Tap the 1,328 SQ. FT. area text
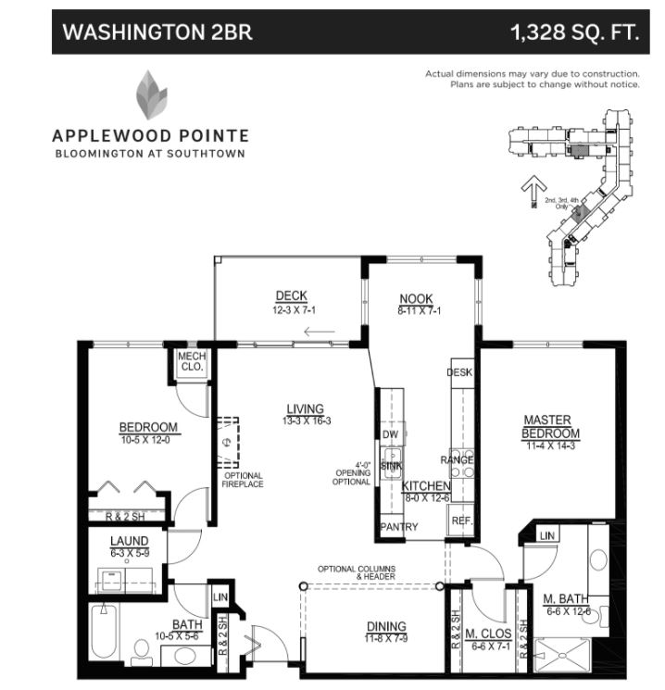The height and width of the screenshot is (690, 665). (574, 33)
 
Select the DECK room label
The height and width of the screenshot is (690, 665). (291, 296)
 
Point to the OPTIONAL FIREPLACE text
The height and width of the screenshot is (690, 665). (244, 480)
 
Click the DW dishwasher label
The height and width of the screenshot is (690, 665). (389, 433)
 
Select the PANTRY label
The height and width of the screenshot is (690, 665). (399, 527)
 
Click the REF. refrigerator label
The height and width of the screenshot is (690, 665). (462, 521)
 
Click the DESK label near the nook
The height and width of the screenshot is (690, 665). (460, 372)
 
